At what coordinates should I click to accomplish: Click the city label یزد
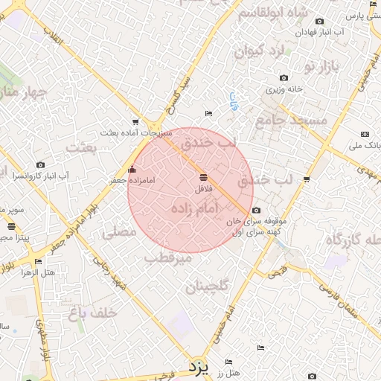(x=197, y=366)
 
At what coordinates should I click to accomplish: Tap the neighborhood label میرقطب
(x=168, y=258)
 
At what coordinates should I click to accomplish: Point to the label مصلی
(x=120, y=231)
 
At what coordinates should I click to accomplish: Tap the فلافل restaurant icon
(x=204, y=177)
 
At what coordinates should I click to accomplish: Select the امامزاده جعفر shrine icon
(x=133, y=170)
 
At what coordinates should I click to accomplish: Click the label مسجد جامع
(x=292, y=119)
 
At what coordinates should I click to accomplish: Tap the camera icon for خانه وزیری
(x=284, y=77)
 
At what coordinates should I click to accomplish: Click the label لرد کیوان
(x=260, y=51)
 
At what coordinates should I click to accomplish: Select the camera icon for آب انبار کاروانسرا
(x=40, y=164)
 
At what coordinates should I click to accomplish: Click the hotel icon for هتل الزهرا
(x=38, y=261)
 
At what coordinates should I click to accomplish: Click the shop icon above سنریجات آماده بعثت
(x=135, y=121)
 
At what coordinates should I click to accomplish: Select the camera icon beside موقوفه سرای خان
(x=257, y=211)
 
